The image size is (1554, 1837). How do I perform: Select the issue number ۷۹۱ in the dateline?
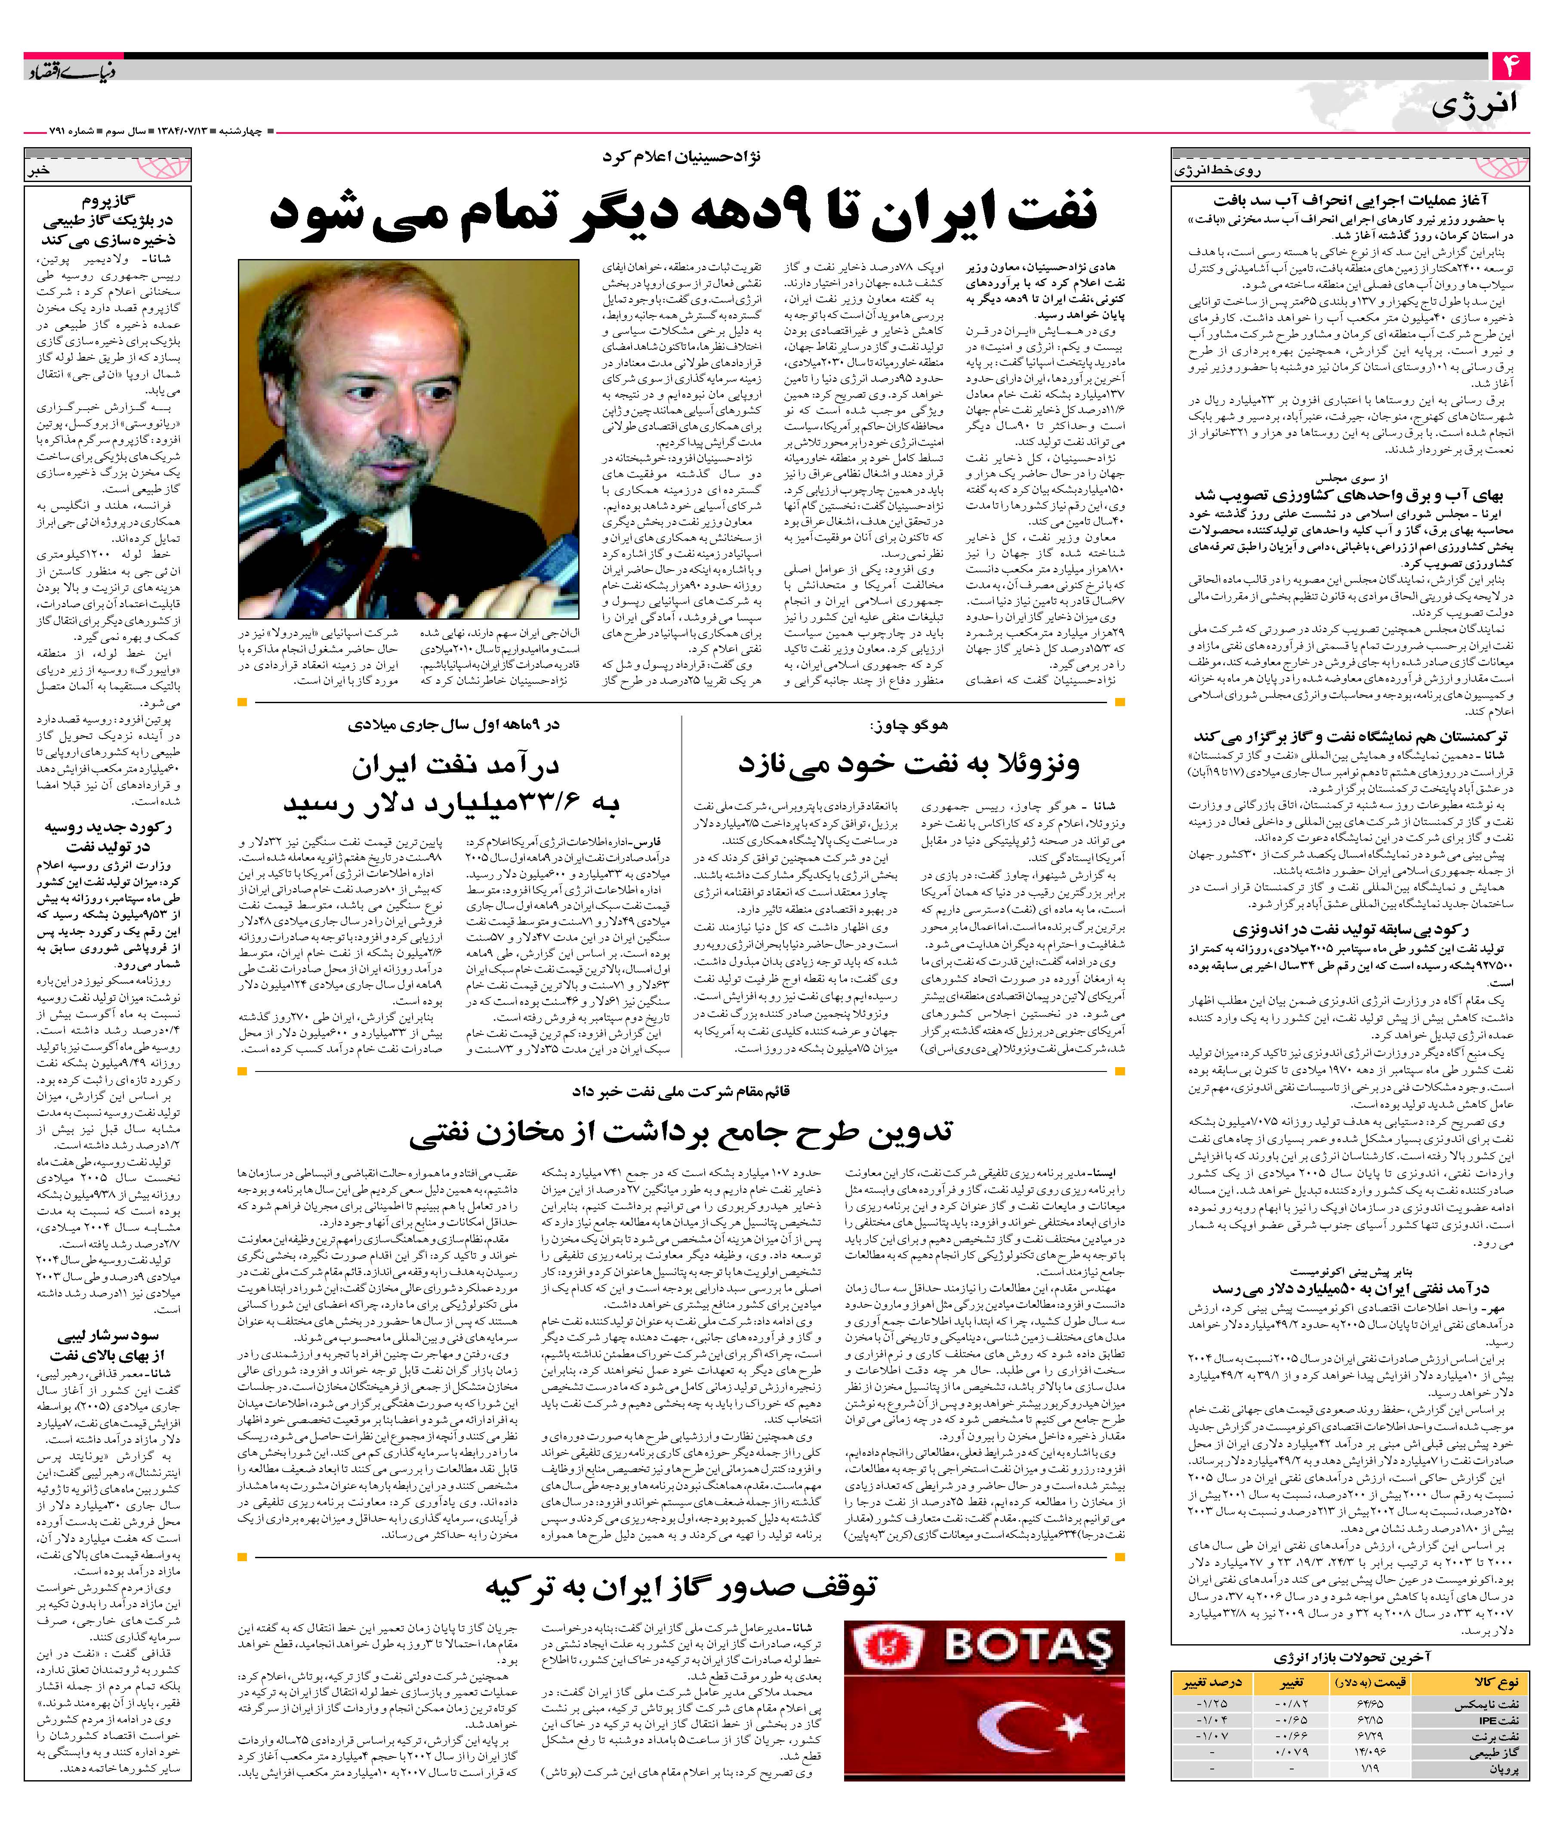[x=60, y=130]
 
